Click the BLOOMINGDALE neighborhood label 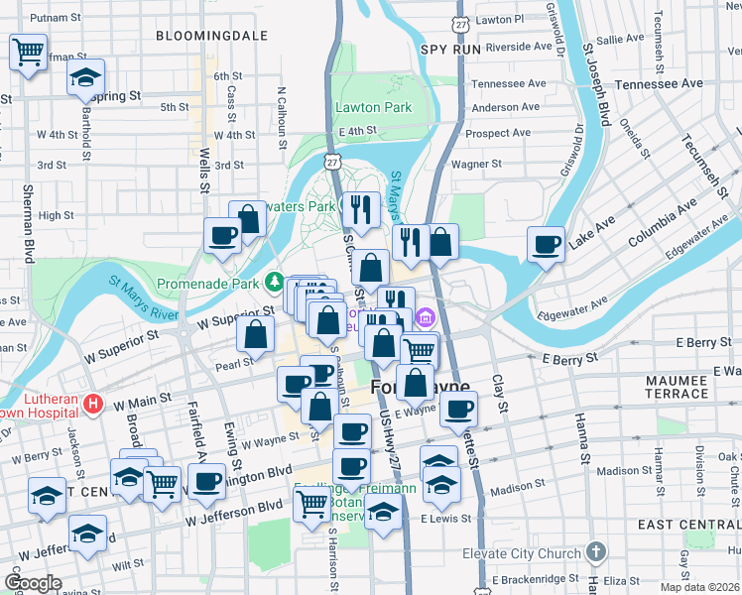pyautogui.click(x=212, y=35)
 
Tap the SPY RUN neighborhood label pyautogui.click(x=450, y=48)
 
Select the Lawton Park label pyautogui.click(x=373, y=106)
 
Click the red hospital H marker pyautogui.click(x=93, y=404)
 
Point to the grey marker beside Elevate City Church pyautogui.click(x=595, y=550)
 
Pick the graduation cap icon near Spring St pyautogui.click(x=86, y=77)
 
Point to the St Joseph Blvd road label pyautogui.click(x=596, y=90)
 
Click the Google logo pyautogui.click(x=33, y=583)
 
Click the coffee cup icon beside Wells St pyautogui.click(x=222, y=235)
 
